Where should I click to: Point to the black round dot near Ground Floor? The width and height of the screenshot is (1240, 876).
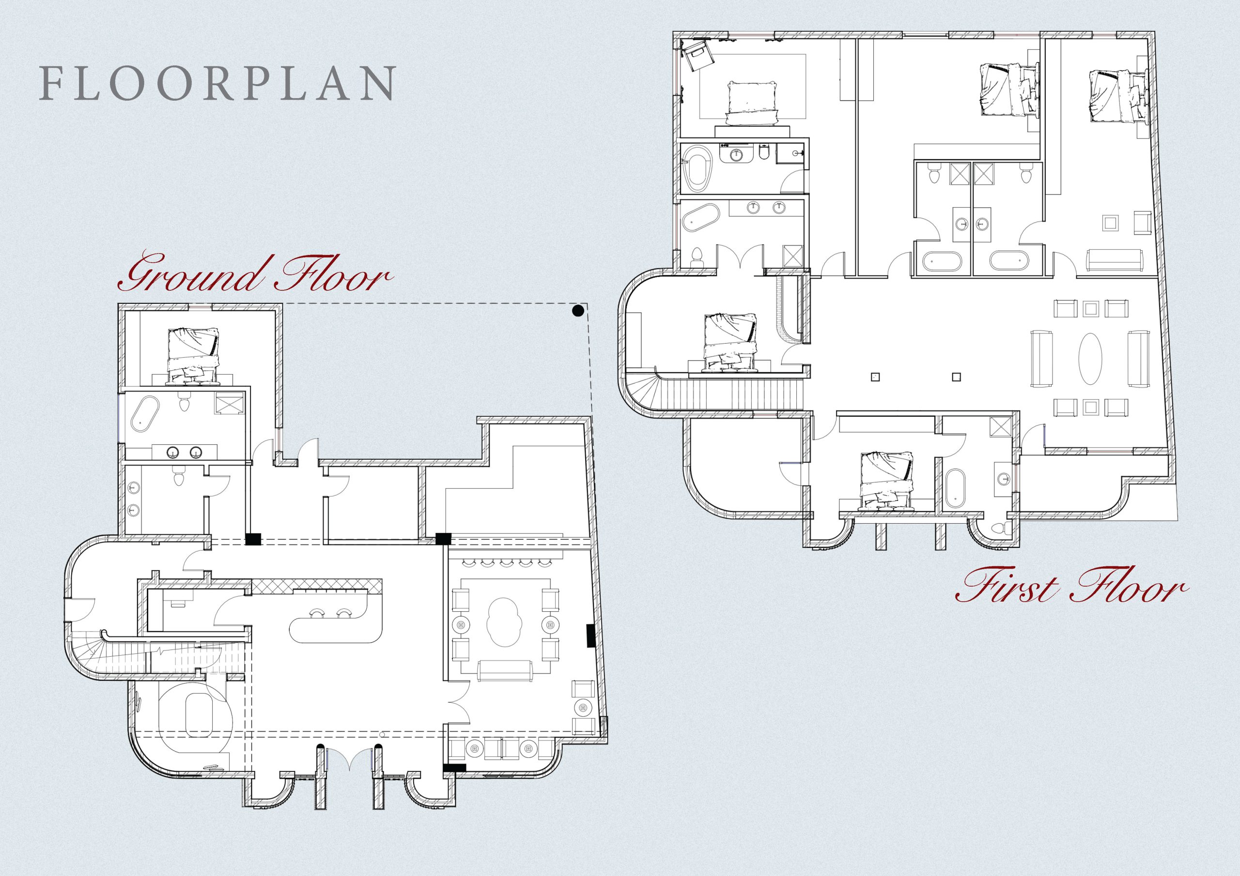tap(577, 310)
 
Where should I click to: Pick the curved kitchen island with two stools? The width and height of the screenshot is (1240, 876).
tap(336, 628)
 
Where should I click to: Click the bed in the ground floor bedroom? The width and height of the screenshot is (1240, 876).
tap(194, 355)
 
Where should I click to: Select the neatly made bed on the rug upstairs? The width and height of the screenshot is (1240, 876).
tap(751, 104)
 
